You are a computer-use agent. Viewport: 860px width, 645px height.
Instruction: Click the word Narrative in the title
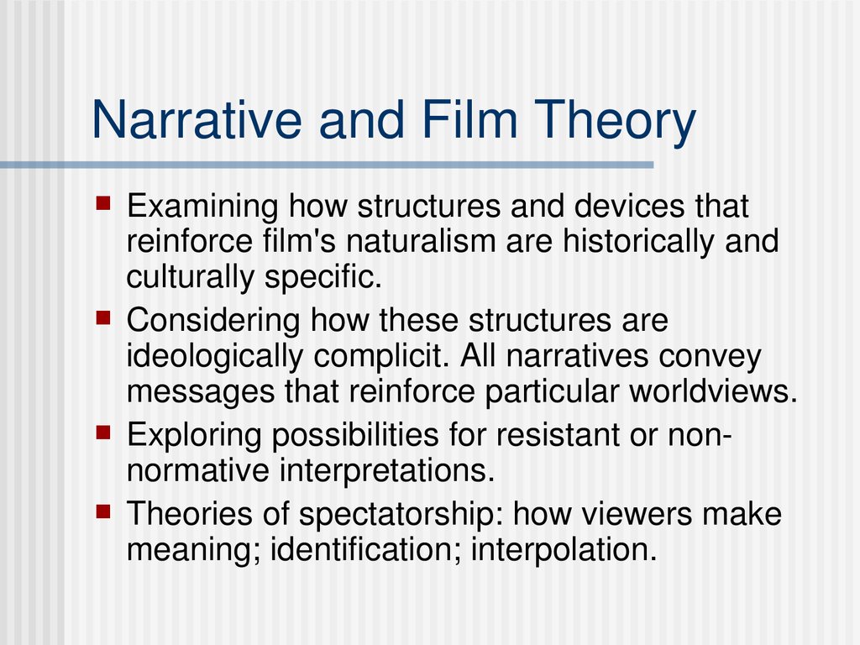coord(197,119)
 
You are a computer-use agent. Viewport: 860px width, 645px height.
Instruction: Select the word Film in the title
coord(470,119)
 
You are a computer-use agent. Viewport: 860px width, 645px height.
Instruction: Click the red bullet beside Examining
coord(103,203)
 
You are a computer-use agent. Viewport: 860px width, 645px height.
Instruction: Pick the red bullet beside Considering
coord(103,317)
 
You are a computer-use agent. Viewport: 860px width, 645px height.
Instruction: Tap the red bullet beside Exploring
coord(103,433)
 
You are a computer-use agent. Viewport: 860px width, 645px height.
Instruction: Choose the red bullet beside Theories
coord(103,511)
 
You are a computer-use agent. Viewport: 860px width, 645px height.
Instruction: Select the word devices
coord(630,206)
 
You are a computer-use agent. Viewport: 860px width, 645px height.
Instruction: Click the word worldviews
coord(713,391)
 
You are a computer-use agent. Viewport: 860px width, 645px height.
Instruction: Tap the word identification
coord(366,549)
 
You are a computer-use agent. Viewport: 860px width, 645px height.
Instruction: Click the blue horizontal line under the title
coord(327,165)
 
